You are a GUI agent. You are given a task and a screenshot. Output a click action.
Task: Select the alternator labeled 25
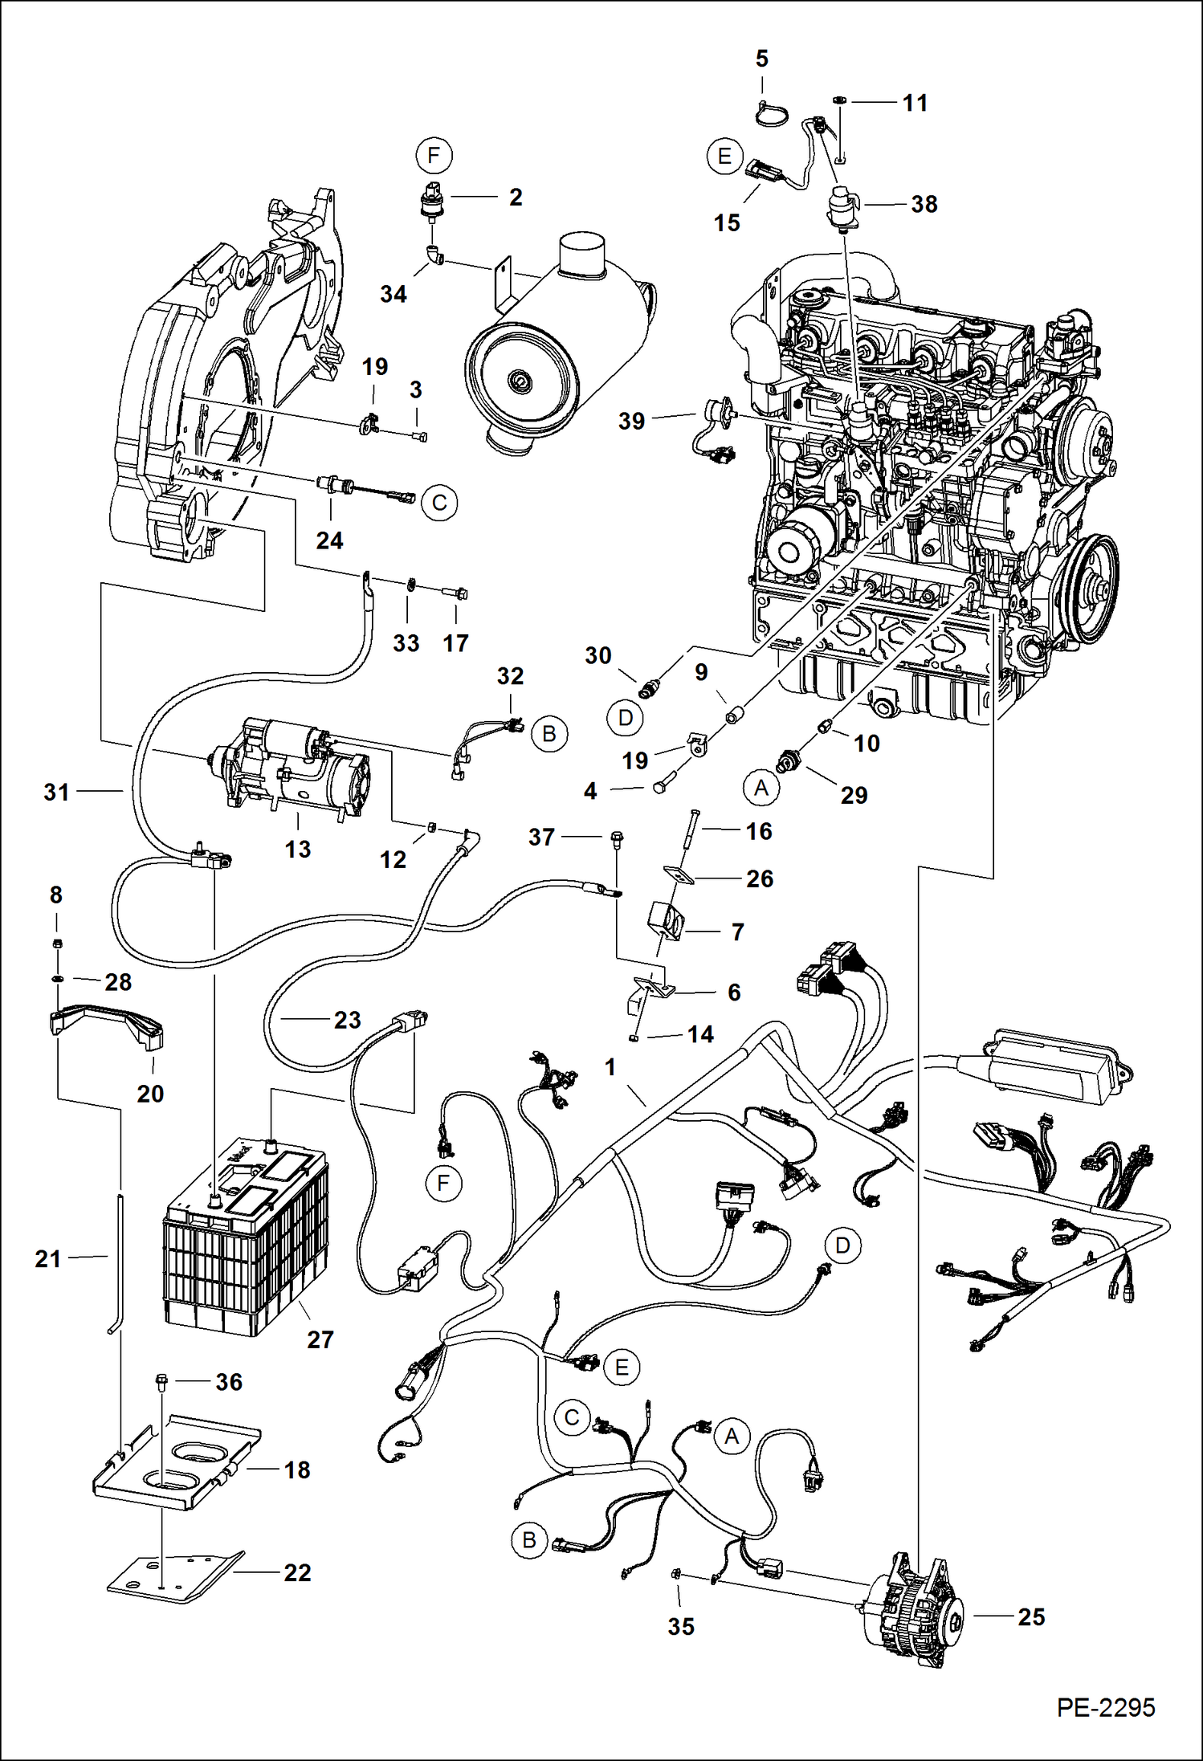pyautogui.click(x=916, y=1613)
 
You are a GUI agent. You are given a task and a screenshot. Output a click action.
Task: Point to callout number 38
pyautogui.click(x=924, y=204)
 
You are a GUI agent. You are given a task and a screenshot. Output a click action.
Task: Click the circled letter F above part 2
pyautogui.click(x=434, y=155)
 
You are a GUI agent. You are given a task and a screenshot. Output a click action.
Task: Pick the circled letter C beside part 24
pyautogui.click(x=439, y=503)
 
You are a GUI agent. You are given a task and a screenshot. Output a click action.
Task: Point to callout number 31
pyautogui.click(x=56, y=793)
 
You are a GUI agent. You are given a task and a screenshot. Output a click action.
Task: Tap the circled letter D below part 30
pyautogui.click(x=626, y=717)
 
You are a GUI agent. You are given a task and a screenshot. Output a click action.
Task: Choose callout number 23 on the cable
pyautogui.click(x=347, y=1020)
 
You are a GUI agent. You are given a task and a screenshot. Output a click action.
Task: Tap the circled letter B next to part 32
pyautogui.click(x=549, y=734)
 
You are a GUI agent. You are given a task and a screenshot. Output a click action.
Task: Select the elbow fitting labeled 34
pyautogui.click(x=434, y=256)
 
